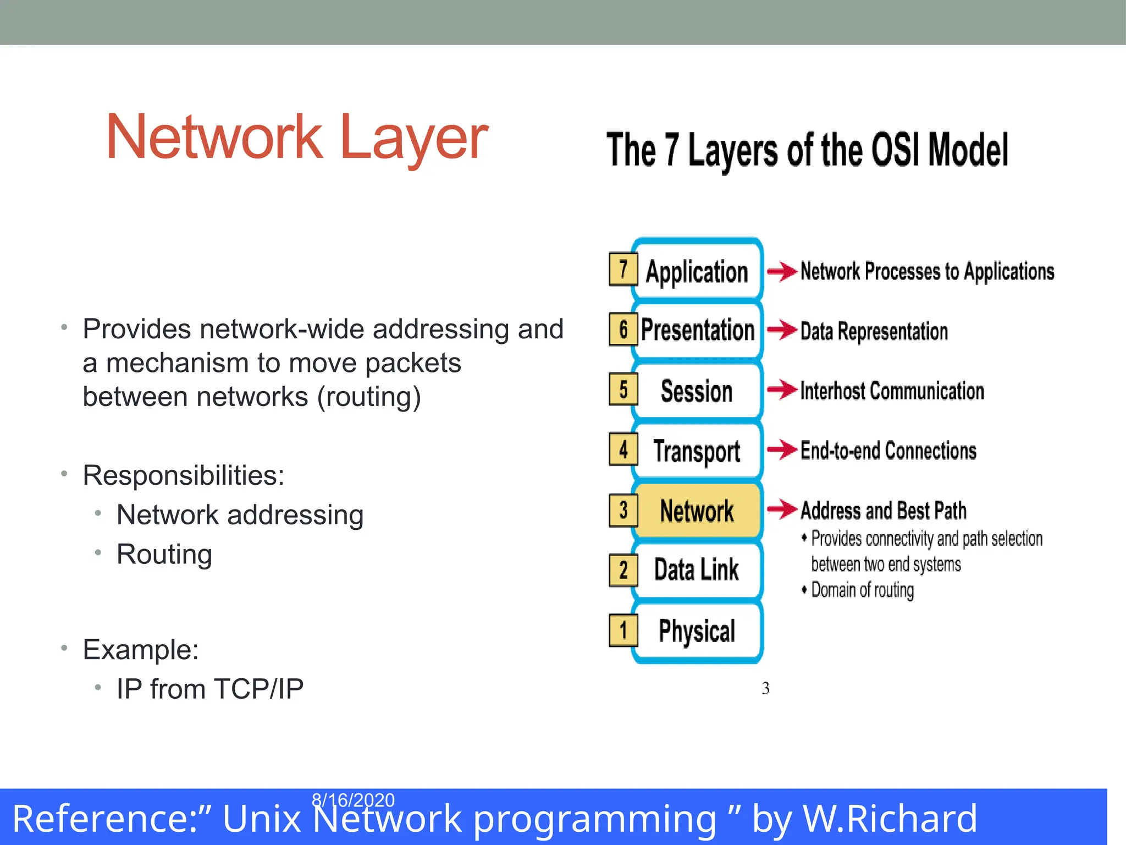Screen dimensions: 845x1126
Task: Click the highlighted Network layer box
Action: [697, 511]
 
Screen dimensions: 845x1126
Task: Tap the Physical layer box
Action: [697, 630]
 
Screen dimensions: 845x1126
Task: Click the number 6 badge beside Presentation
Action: [623, 330]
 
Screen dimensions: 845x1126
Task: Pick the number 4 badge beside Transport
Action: [623, 449]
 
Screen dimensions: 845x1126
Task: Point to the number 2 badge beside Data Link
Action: [623, 570]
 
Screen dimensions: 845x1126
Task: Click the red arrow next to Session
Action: [781, 390]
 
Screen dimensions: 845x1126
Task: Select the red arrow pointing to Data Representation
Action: [781, 330]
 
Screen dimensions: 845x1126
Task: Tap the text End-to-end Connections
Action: [888, 451]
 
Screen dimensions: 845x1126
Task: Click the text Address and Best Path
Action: [883, 511]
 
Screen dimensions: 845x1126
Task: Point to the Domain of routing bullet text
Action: [862, 590]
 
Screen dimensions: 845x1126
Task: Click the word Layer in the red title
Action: [413, 138]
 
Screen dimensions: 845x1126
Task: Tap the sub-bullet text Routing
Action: [164, 554]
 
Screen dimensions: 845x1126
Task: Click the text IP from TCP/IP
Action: [209, 689]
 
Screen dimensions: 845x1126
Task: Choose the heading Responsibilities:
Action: [183, 475]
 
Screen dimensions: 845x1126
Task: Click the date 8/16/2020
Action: [353, 800]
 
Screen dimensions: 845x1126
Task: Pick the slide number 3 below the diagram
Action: [765, 688]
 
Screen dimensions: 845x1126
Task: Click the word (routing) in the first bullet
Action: [369, 397]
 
